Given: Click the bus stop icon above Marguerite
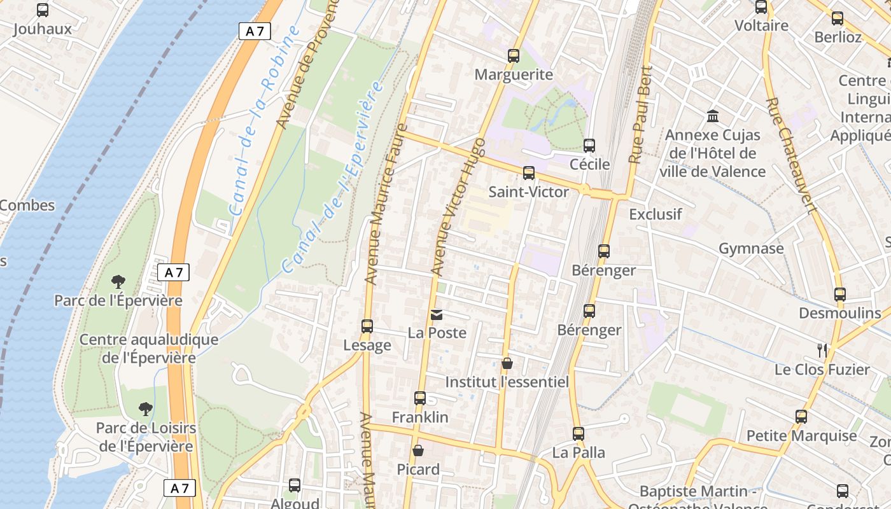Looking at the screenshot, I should tap(514, 56).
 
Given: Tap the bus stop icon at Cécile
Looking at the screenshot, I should tap(589, 146).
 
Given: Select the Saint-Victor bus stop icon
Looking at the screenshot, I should tap(528, 173).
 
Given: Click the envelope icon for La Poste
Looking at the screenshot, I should tap(437, 314).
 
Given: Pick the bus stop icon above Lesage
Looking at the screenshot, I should tap(367, 326).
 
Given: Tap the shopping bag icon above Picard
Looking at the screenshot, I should tap(418, 450).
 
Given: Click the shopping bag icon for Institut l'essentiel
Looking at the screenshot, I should tap(507, 363).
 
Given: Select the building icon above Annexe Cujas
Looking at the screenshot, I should tap(713, 116).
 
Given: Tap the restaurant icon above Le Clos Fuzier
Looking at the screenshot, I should tap(822, 350).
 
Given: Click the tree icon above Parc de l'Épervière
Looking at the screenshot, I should tap(118, 281).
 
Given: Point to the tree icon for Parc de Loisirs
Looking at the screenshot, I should tap(146, 408).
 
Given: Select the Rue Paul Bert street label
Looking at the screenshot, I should tap(641, 115).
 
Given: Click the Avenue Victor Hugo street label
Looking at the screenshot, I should tap(458, 207).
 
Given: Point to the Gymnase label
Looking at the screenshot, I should tap(751, 248).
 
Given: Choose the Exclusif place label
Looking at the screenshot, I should tap(656, 214).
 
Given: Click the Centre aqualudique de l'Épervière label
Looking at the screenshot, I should tap(149, 349).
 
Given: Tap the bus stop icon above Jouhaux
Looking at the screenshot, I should tap(43, 10).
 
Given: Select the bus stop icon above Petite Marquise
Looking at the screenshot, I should tap(801, 417).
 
